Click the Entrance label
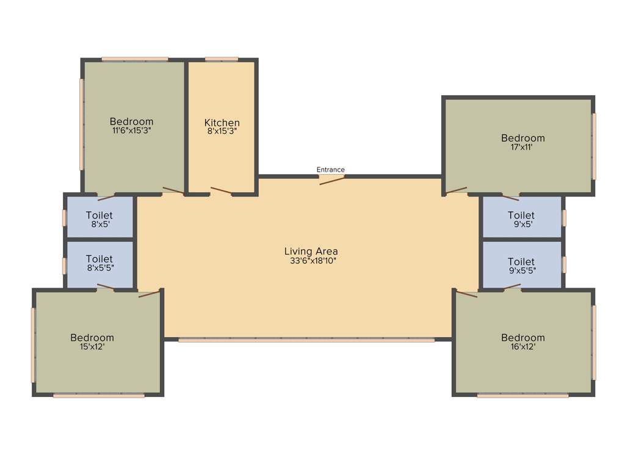coord(330,170)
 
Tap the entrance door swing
coord(332,179)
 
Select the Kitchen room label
coord(222,123)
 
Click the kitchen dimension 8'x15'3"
coord(222,131)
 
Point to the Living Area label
coord(311,251)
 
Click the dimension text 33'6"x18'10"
coord(311,260)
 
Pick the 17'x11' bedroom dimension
coord(522,147)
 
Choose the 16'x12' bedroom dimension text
coord(522,346)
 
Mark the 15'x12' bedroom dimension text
coord(92,346)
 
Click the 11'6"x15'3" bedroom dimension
coord(131,130)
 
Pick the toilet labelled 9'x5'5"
coord(521,266)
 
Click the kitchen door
coord(221,192)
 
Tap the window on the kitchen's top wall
coord(222,59)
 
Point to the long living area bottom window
coord(306,340)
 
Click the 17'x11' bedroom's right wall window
coord(594,147)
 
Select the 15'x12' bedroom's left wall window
coord(34,345)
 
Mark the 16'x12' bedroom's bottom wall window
coord(522,396)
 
